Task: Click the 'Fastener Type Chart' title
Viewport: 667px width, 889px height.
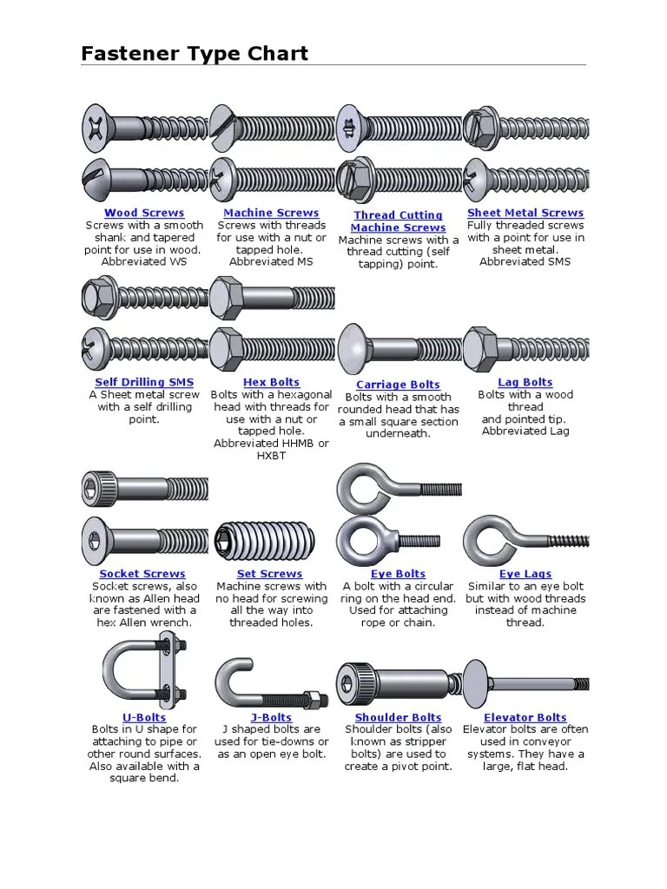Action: tap(195, 53)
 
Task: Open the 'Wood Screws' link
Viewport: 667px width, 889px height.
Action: tap(144, 214)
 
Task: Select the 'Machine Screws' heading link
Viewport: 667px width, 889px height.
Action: tap(271, 214)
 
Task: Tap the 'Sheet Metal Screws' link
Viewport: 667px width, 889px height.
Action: tap(525, 214)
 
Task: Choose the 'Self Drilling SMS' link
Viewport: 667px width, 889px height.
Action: tap(144, 383)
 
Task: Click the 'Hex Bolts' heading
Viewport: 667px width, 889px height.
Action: tap(271, 383)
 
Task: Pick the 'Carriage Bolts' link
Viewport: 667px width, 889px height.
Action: tap(398, 385)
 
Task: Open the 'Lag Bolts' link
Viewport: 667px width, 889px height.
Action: tap(525, 383)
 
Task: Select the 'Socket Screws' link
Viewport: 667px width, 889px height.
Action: tap(142, 575)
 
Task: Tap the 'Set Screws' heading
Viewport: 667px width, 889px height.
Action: tap(270, 575)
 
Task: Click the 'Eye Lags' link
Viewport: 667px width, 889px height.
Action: tap(525, 575)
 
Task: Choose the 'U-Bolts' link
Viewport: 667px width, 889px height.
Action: tap(144, 718)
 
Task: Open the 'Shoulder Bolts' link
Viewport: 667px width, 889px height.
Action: tap(398, 718)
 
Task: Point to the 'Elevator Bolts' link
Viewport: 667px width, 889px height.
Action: tap(525, 718)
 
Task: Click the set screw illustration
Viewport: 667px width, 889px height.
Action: tap(265, 540)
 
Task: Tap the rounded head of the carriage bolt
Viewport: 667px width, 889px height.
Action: tap(353, 349)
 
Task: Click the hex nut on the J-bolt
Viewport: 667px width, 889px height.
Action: tap(313, 698)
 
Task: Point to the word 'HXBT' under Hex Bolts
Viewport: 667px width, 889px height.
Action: tap(271, 456)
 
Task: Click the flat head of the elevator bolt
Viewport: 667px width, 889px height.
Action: tap(475, 684)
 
